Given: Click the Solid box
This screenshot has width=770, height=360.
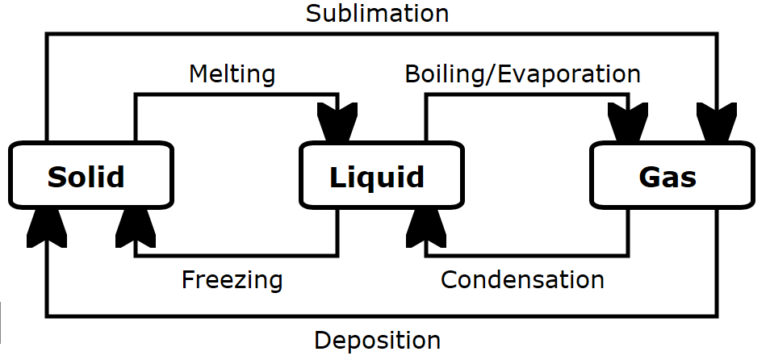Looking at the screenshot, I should pyautogui.click(x=90, y=174).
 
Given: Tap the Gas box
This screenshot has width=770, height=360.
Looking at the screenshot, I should pyautogui.click(x=672, y=174).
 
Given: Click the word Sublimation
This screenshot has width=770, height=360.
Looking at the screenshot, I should pyautogui.click(x=377, y=14).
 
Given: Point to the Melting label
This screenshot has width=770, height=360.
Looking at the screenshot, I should pyautogui.click(x=232, y=74).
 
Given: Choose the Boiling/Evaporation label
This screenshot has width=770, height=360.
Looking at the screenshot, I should pyautogui.click(x=522, y=74).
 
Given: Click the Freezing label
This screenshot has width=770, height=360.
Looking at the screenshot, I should pyautogui.click(x=232, y=280).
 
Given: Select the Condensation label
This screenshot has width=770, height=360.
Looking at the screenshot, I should pyautogui.click(x=522, y=280).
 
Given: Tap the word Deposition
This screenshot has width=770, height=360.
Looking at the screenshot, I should pyautogui.click(x=377, y=340).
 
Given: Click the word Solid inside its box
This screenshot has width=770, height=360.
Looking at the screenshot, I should pyautogui.click(x=86, y=176).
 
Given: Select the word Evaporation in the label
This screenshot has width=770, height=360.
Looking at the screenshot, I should pyautogui.click(x=569, y=75).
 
